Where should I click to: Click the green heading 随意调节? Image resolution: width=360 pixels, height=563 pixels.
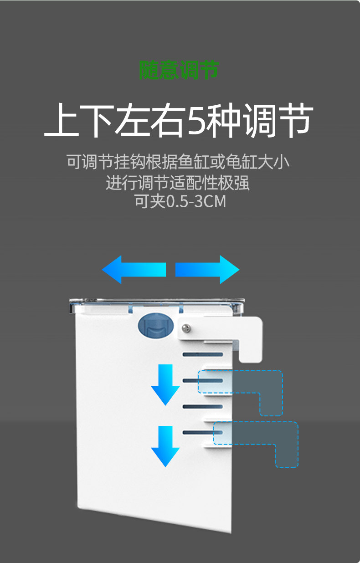coord(179,70)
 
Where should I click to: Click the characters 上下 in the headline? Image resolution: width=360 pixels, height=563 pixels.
coord(79,121)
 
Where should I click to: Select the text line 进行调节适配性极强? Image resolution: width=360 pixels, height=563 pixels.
coord(178,183)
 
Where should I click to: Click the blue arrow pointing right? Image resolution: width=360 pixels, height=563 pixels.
coord(208,270)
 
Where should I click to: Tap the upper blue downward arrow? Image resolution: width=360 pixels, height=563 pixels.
coord(165,384)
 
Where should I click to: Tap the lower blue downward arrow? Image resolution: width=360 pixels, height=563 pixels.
coord(165,445)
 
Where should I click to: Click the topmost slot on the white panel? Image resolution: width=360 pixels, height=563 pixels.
coord(203,354)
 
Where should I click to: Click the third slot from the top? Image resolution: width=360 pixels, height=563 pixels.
coord(203,406)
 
